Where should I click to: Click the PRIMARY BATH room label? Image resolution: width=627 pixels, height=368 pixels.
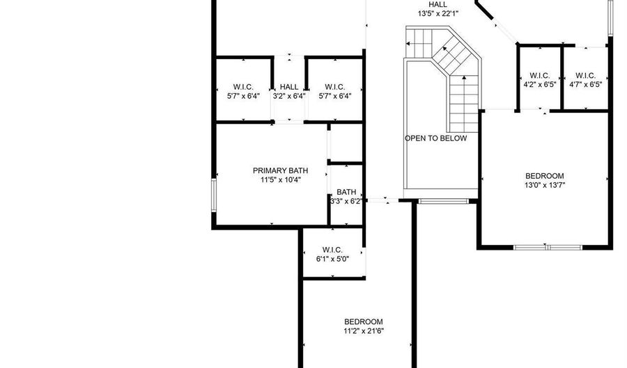[x=280, y=170]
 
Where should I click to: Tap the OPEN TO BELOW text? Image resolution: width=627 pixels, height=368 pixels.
[x=435, y=138]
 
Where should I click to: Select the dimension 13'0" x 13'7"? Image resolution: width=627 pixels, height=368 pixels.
[x=545, y=185]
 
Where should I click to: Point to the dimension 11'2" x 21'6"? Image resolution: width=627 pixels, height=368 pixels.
[x=364, y=331]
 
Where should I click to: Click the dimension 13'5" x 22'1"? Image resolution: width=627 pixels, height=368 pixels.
[x=438, y=14]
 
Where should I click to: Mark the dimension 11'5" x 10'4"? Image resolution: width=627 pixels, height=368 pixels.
[x=281, y=179]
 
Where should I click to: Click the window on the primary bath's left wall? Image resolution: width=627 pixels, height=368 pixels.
[x=214, y=195]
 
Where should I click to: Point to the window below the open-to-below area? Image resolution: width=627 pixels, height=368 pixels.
[x=442, y=201]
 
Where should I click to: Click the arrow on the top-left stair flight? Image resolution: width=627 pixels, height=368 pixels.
[x=419, y=43]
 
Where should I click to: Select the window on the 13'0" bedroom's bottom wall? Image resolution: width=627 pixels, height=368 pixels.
[x=548, y=248]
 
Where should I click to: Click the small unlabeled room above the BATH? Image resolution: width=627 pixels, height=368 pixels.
[x=346, y=143]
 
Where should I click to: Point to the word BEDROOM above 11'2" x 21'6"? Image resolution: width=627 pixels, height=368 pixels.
[x=364, y=321]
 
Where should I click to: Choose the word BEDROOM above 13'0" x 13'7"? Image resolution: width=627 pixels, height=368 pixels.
[x=545, y=176]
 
